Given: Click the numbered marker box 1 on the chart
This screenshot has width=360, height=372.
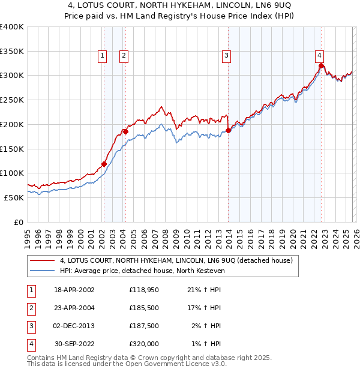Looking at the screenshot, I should (103, 56).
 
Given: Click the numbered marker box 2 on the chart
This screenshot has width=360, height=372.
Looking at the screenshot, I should (124, 56).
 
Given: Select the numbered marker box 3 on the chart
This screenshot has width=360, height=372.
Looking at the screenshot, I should (227, 56).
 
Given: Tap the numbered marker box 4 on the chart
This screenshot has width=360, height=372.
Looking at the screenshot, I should (320, 56).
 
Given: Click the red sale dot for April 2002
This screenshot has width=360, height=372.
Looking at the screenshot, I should (104, 164).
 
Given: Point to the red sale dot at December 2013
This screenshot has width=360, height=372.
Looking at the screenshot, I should (229, 130).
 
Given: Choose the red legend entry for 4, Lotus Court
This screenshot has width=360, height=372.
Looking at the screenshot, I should (176, 260).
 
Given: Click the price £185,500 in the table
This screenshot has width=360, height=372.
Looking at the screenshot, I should (143, 307).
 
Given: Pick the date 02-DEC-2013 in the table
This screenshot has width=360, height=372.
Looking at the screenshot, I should (74, 326).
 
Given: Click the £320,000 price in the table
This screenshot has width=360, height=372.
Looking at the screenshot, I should (143, 344).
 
